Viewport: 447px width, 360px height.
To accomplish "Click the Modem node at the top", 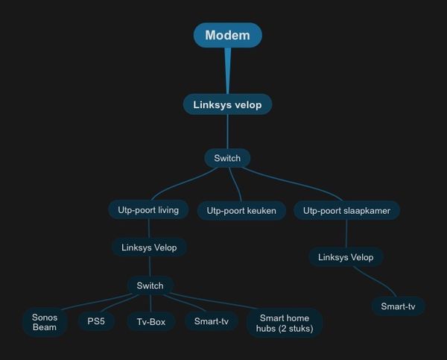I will (227, 35).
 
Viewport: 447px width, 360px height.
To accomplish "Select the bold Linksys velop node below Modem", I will (227, 104).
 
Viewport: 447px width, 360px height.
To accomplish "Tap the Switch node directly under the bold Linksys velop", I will (227, 158).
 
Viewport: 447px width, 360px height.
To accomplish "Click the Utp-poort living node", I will (148, 210).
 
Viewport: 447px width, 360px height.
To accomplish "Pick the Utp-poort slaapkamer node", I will (346, 211).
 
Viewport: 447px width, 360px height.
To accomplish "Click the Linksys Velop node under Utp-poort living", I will (149, 247).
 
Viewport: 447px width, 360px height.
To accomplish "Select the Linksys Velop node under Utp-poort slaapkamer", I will (346, 257).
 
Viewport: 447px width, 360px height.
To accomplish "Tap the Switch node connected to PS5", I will (150, 285).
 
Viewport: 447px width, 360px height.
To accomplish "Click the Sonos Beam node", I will (45, 322).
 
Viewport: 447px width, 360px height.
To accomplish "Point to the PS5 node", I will (96, 322).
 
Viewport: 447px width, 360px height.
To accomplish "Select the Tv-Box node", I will (150, 322).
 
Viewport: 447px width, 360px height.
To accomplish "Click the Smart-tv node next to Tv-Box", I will (211, 322).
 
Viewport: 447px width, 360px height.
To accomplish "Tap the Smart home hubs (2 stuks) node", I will (284, 323).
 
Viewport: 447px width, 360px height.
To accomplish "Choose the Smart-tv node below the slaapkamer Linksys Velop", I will (398, 306).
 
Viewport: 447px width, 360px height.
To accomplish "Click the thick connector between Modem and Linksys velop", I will (227, 71).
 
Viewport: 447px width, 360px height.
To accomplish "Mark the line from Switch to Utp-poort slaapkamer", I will (298, 186).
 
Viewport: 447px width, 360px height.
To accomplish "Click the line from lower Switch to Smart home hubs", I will (223, 303).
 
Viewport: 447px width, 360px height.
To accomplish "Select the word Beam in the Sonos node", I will (45, 327).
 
